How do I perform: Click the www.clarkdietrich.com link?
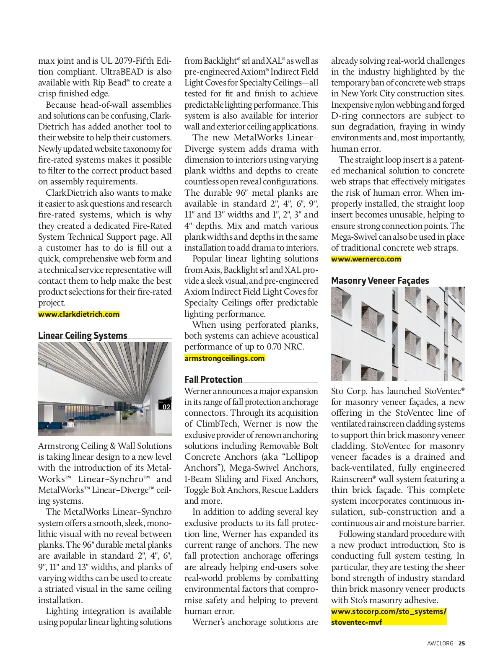point(79,314)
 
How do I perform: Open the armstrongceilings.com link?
point(225,358)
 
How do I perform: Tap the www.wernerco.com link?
point(366,259)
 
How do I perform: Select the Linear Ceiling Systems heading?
point(83,336)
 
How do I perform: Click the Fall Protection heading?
point(213,380)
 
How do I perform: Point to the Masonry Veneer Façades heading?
point(380,281)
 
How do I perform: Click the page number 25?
point(462,643)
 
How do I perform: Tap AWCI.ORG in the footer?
point(440,643)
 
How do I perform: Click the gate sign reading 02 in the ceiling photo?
point(166,407)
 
